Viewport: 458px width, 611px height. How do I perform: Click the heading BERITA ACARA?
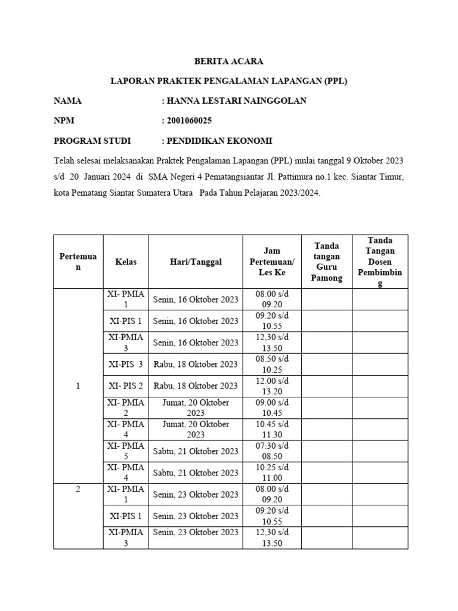click(229, 61)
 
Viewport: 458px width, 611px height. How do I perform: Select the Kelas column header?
click(126, 262)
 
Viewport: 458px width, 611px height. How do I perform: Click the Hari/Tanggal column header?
click(196, 262)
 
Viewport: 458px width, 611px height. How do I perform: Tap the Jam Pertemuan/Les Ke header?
click(272, 262)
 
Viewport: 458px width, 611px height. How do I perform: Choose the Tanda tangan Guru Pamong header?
click(327, 262)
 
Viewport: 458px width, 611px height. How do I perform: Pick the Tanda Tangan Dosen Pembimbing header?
click(380, 262)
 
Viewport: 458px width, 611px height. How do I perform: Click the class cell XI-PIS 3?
click(126, 364)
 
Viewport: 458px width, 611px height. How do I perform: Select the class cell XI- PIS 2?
click(126, 385)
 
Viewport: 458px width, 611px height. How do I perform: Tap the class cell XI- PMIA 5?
click(126, 450)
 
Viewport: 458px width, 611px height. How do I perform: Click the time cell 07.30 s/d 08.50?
click(272, 450)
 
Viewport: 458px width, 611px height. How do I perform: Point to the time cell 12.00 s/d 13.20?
click(272, 385)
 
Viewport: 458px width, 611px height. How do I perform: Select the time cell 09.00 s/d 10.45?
click(272, 408)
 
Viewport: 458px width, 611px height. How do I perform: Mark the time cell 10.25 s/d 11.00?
click(272, 473)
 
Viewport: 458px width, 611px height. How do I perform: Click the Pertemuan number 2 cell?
click(78, 489)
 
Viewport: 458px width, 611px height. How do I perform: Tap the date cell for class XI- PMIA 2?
click(196, 408)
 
